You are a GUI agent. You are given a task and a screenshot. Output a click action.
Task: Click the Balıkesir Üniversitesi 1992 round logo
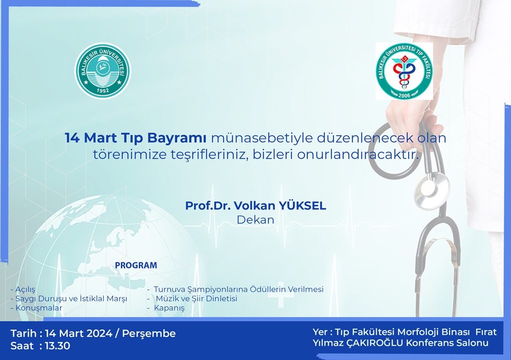tap(103, 71)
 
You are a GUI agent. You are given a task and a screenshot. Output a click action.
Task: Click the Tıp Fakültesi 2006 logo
tap(404, 71)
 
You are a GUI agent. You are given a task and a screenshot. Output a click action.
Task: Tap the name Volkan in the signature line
tap(255, 205)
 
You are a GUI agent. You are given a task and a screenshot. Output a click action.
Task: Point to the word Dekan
tap(255, 220)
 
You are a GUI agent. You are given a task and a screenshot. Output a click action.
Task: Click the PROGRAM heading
tap(136, 265)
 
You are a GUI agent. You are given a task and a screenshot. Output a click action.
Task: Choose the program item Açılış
tap(25, 289)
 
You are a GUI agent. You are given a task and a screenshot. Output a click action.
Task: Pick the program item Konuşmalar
tap(39, 308)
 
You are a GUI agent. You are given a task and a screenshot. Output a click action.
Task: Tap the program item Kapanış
tap(169, 308)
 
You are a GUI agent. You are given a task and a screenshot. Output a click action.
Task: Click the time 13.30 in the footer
tap(57, 346)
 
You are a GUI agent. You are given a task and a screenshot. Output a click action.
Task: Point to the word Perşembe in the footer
tap(149, 333)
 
